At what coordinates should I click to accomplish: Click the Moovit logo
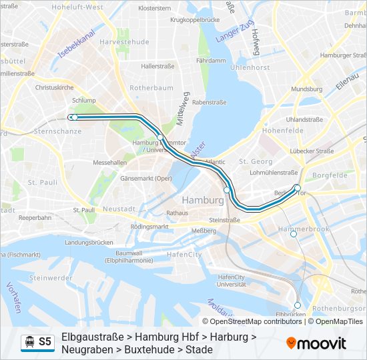pos(316,343)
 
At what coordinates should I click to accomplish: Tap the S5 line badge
pos(45,342)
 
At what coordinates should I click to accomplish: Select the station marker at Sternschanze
pos(75,117)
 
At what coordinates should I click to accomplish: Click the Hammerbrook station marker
pos(293,234)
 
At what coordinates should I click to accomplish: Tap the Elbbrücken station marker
pos(298,305)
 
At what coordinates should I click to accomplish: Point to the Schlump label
pos(85,100)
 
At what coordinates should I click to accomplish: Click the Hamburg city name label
pos(202,200)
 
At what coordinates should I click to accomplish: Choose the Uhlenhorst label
pos(249,67)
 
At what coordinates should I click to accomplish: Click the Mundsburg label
pos(306,89)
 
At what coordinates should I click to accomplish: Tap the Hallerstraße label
pos(157,66)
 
